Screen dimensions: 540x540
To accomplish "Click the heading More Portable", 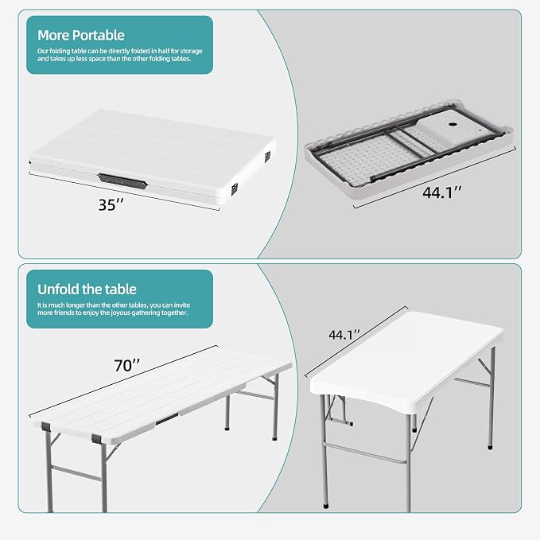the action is [x=81, y=35].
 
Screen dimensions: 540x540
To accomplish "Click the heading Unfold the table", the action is [x=87, y=289].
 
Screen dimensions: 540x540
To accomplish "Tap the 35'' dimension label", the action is [x=111, y=205].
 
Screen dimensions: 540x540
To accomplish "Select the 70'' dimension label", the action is [x=126, y=365].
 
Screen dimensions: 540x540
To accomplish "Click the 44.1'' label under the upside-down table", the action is [x=442, y=192].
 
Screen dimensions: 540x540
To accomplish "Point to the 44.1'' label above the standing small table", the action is [x=344, y=334].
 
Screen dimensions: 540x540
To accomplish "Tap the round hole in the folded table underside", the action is [x=452, y=126].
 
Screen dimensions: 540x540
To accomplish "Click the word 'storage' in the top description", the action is [x=191, y=51].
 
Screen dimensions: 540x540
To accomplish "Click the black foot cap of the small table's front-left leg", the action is [x=326, y=507].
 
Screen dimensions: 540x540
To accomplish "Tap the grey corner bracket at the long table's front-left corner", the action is [x=46, y=427].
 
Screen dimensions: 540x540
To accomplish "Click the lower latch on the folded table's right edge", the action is [x=234, y=188].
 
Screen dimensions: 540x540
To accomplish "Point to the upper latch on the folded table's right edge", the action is [x=267, y=157].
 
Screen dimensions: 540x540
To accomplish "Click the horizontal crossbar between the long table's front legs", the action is [x=76, y=473].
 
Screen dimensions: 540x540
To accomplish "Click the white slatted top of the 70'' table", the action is [x=162, y=393].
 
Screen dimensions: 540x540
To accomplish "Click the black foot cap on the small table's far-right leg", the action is [x=490, y=447].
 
